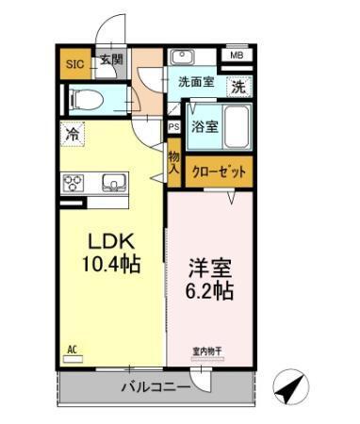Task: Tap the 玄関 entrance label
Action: point(111,61)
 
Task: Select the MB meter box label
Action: point(236,56)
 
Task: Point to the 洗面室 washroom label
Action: point(196,82)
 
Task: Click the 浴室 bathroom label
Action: point(205,127)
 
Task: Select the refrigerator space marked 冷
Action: point(72,134)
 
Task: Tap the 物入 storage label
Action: point(174,162)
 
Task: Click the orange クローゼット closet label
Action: point(219,171)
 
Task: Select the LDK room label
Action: point(109,242)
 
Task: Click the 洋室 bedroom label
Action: point(209,267)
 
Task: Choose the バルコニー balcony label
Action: point(155,386)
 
